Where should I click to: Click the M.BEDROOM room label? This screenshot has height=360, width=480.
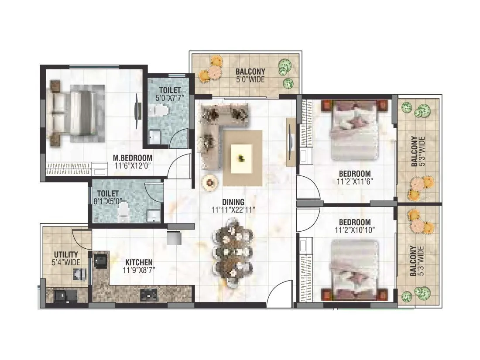(x=133, y=158)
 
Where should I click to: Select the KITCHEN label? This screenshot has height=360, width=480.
(x=139, y=262)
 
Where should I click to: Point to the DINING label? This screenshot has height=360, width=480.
(x=233, y=202)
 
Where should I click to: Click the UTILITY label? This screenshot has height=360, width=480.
(x=66, y=254)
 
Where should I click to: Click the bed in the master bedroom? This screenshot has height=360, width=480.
(x=76, y=111)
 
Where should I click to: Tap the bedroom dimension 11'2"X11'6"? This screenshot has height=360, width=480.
(x=354, y=181)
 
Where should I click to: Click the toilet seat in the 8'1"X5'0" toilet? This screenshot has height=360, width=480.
(x=124, y=212)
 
